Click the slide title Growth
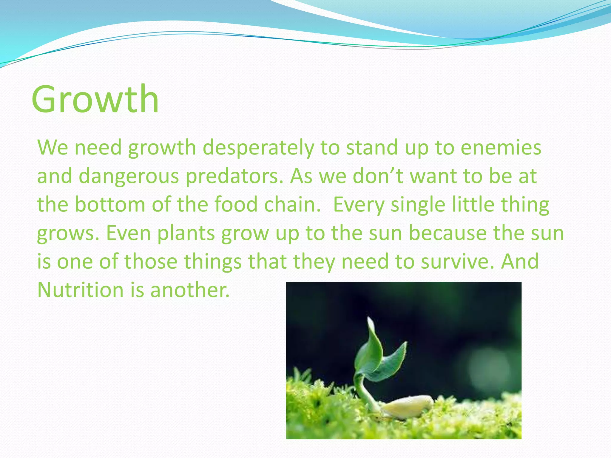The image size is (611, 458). coord(95,99)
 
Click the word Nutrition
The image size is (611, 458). coord(80,290)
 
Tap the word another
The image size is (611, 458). coord(190,290)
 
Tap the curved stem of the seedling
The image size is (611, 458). coord(362,388)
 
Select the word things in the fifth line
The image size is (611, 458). coord(213,262)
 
